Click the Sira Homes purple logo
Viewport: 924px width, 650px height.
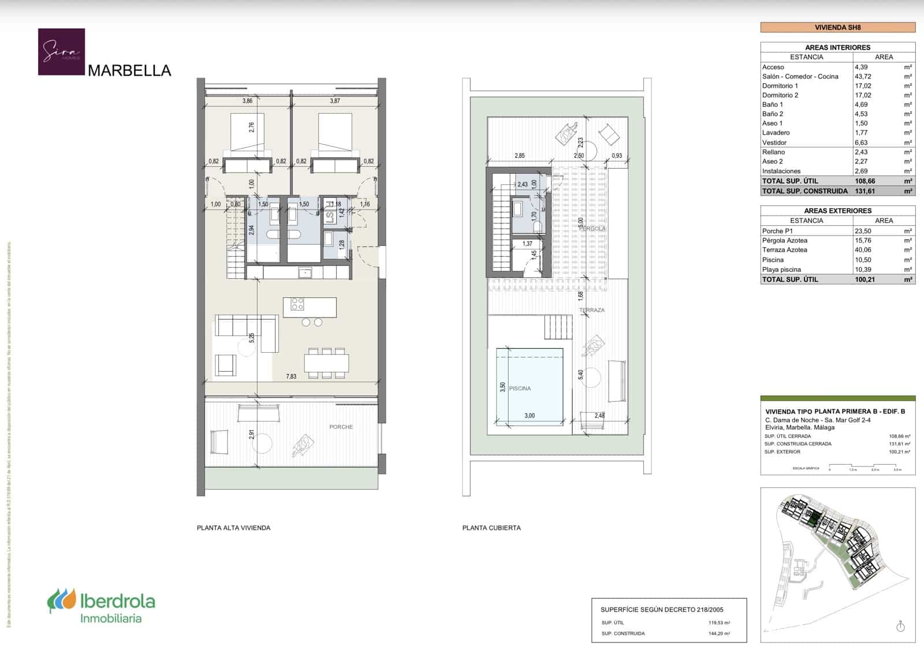[61, 52]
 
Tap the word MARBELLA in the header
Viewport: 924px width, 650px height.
[129, 70]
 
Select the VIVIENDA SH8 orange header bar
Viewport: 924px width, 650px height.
[837, 27]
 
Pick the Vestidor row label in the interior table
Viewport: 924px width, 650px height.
[774, 143]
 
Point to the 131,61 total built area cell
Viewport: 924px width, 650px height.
[865, 190]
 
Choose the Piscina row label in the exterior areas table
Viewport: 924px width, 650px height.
[773, 260]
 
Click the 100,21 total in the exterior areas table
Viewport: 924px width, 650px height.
[865, 279]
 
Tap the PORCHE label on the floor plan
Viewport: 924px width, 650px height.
[341, 427]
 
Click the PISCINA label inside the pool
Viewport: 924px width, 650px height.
[520, 388]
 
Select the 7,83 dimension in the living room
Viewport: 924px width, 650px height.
[291, 376]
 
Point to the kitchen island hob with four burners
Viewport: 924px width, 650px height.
[297, 304]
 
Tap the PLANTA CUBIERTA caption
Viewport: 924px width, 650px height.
[491, 528]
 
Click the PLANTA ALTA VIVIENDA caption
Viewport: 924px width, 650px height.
[233, 528]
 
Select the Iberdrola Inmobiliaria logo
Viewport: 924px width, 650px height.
[101, 606]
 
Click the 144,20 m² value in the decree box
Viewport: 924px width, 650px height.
[719, 633]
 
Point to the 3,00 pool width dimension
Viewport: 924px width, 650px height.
[529, 416]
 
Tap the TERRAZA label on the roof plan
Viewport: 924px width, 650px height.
[592, 311]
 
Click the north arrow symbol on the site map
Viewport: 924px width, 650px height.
[900, 626]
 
